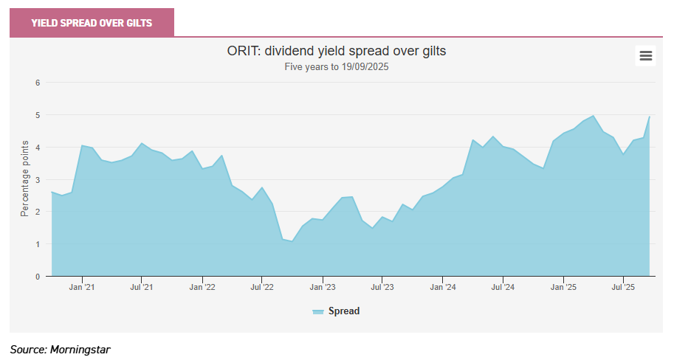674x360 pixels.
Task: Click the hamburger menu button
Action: coord(645,55)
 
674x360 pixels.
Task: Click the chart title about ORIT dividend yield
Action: coord(337,52)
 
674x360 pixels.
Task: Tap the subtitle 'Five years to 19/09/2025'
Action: coord(337,66)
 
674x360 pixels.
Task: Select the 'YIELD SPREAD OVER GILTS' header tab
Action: coord(92,22)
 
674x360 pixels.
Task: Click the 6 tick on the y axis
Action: coord(38,83)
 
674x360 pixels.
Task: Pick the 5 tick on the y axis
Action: coord(38,115)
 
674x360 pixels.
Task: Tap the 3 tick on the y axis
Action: coord(38,180)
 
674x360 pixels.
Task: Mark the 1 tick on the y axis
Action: coord(38,244)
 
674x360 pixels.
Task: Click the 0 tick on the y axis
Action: coord(38,277)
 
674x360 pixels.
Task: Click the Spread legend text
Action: coord(344,311)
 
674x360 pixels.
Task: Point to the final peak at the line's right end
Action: coord(649,117)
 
